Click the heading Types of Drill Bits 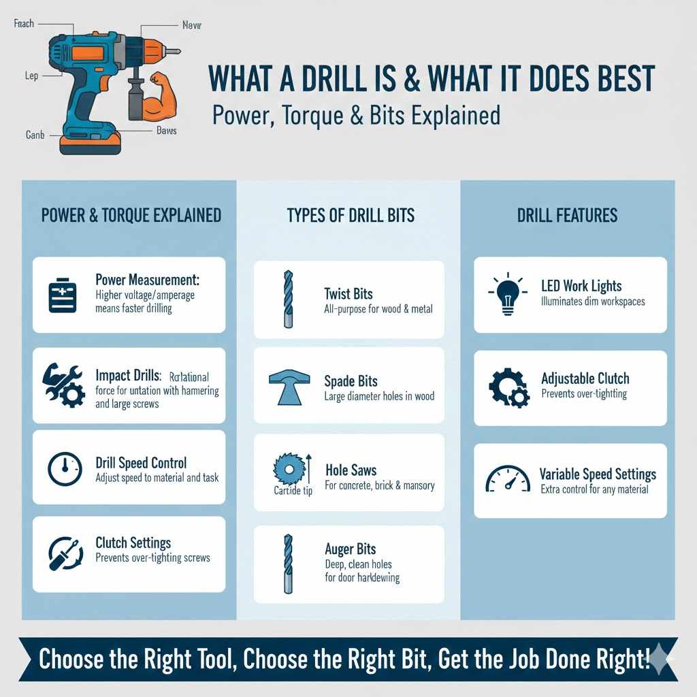click(351, 216)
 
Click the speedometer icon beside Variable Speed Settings click(507, 480)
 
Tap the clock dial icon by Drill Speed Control click(65, 468)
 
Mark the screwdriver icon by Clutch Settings click(65, 553)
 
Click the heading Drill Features click(567, 216)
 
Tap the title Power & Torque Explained click(131, 216)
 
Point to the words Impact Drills click(128, 376)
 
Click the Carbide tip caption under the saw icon click(293, 491)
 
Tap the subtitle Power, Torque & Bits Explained click(356, 114)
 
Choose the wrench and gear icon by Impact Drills click(64, 385)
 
